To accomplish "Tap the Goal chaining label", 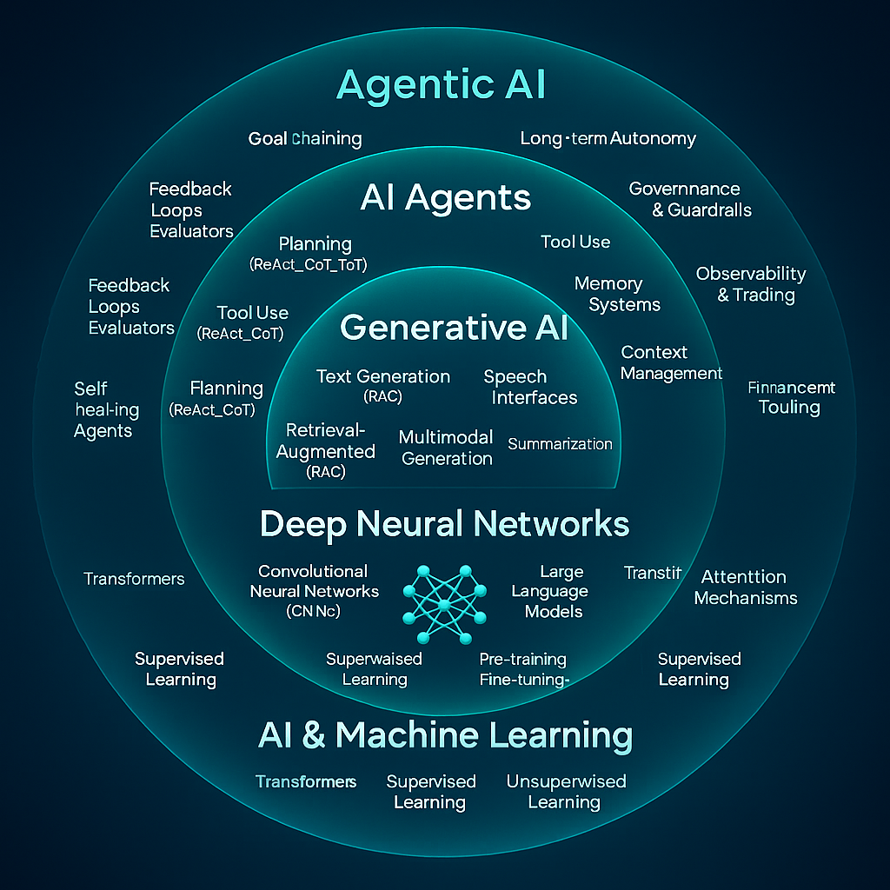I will (304, 138).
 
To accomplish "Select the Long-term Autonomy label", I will (608, 138).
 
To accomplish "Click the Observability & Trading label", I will (751, 284).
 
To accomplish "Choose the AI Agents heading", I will (445, 198).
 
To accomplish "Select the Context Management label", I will (671, 362).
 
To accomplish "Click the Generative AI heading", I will (454, 328).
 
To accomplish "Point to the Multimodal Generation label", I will (447, 448).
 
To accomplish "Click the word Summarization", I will (560, 444).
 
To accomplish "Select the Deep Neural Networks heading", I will (444, 524).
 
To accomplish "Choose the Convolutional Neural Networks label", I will (314, 591).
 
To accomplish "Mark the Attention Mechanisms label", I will (745, 588).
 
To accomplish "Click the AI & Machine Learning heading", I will (445, 735).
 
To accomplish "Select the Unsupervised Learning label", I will (566, 791).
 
